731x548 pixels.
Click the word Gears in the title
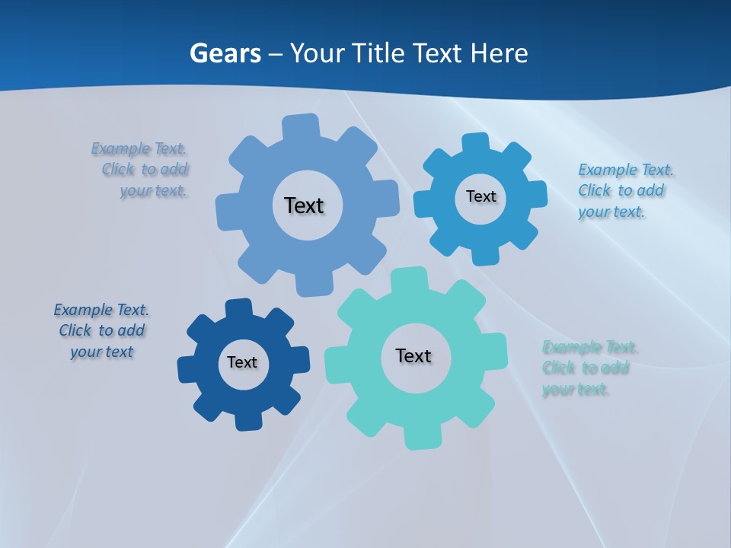click(225, 53)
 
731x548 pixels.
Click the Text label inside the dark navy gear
click(242, 362)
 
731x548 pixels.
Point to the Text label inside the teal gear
click(413, 355)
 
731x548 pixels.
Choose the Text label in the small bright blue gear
click(480, 196)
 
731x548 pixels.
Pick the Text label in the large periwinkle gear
click(304, 205)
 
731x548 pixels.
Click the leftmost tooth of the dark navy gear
click(187, 368)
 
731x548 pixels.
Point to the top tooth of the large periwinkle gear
click(300, 126)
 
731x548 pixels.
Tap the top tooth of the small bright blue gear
click(474, 143)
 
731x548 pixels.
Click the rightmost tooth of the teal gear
click(495, 349)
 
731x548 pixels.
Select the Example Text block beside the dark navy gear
click(101, 330)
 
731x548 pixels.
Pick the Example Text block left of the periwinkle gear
click(140, 169)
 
